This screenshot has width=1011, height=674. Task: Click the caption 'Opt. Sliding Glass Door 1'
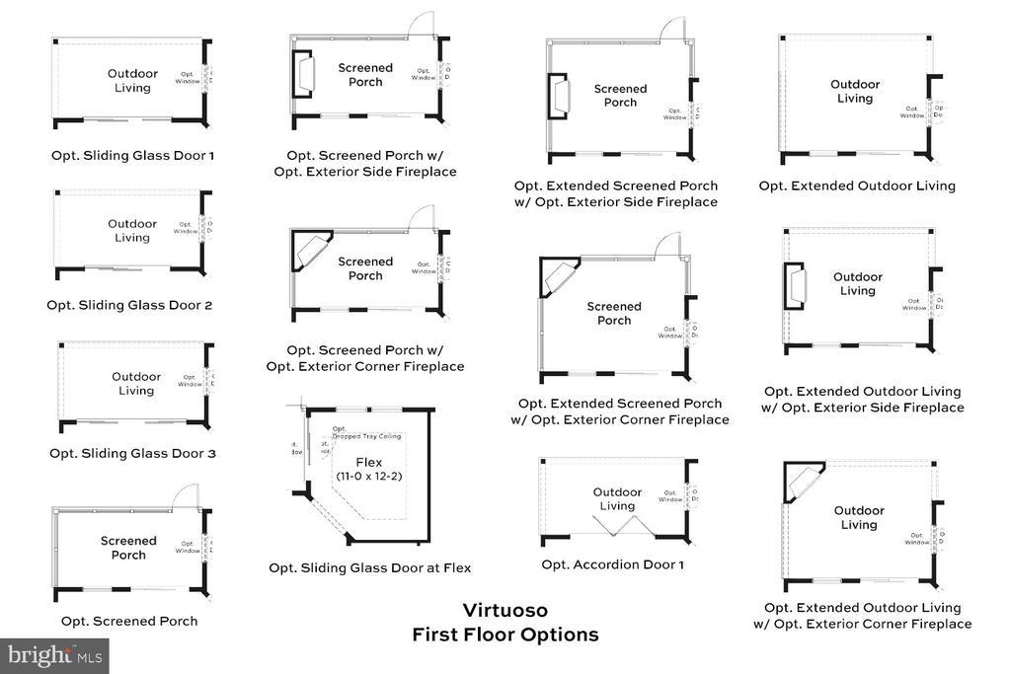(x=132, y=155)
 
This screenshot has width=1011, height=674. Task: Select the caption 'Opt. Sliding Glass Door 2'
(x=129, y=305)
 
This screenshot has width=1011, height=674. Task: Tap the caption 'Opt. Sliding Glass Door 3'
(x=132, y=454)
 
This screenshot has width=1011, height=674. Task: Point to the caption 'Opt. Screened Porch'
(x=129, y=621)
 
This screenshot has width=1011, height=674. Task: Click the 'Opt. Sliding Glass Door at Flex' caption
(x=369, y=567)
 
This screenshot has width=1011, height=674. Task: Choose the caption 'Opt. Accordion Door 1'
(x=612, y=564)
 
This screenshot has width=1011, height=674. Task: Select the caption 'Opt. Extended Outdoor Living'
(x=857, y=186)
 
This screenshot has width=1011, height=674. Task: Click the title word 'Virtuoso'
(x=505, y=610)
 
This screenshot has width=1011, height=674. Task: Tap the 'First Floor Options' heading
(x=505, y=635)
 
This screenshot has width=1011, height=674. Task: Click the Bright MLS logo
(x=54, y=655)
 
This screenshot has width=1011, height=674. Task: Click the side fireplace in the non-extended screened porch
(x=302, y=73)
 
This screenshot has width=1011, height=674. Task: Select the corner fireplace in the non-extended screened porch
(x=309, y=249)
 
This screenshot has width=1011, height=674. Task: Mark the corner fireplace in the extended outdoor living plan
(x=803, y=481)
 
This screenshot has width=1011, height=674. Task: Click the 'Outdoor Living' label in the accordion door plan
(x=617, y=499)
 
